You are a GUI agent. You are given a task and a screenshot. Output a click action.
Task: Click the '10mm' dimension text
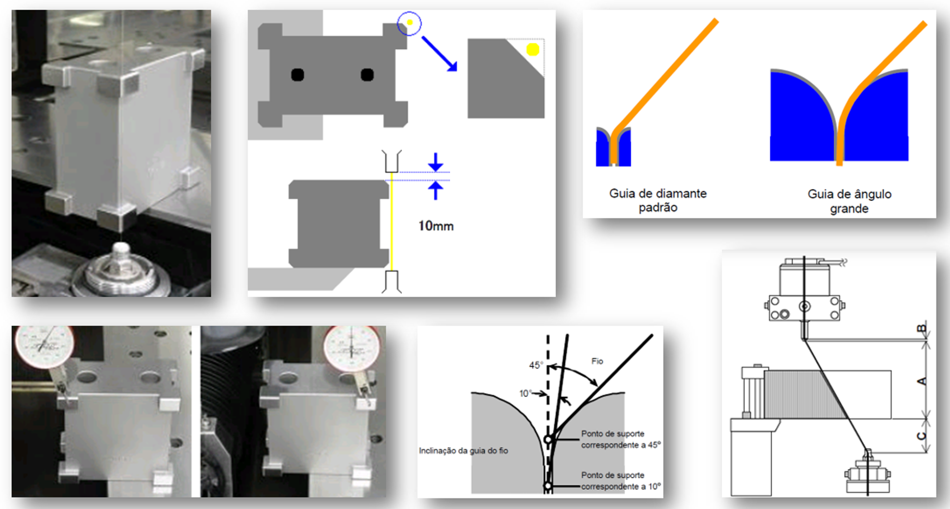[436, 226]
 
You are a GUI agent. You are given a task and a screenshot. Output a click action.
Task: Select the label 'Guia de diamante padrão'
[658, 200]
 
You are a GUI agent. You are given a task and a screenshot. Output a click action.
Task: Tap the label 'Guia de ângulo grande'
[849, 201]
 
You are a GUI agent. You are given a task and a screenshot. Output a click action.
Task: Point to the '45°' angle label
[536, 365]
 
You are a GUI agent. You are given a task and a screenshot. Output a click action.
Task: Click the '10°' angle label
[526, 393]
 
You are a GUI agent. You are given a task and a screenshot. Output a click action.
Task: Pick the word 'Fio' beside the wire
[597, 361]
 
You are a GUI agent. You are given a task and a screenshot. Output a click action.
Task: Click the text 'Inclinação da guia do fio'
[463, 450]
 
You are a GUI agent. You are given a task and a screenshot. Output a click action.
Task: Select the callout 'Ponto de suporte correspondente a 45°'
[621, 439]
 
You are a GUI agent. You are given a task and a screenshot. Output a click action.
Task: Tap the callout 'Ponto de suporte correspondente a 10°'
[621, 481]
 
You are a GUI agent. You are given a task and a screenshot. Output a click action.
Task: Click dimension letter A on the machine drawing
[922, 381]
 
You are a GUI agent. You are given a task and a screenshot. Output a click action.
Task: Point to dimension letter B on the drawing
[922, 329]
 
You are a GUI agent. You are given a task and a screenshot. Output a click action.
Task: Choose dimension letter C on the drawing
[922, 436]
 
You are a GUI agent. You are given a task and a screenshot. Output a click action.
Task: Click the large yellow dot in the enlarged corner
[533, 49]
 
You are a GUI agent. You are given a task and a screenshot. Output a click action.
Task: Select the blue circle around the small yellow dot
[409, 12]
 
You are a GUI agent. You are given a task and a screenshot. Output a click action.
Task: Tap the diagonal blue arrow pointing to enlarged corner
[439, 53]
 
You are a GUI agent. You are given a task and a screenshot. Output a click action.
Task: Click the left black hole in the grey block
[298, 75]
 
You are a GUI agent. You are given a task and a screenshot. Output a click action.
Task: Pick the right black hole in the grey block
[367, 75]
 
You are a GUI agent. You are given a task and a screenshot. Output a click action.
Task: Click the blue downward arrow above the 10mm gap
[436, 162]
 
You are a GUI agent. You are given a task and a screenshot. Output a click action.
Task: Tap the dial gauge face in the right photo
[351, 348]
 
